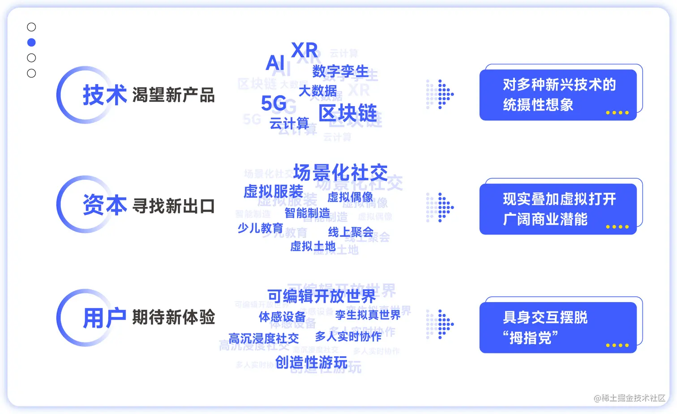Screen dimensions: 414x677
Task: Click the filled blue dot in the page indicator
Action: coord(31,43)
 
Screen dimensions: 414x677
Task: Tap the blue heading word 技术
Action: coord(104,95)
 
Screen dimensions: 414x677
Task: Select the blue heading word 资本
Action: coord(104,205)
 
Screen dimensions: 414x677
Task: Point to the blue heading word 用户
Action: coord(104,318)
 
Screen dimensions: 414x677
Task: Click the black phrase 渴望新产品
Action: coord(174,95)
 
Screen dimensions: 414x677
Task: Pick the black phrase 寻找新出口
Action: coord(174,206)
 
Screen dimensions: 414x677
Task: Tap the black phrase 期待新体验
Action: coord(174,317)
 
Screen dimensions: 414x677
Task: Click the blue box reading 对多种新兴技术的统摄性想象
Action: coord(558,95)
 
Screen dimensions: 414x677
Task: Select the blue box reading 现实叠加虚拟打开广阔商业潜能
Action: coord(558,209)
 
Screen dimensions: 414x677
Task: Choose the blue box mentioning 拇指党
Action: coord(558,328)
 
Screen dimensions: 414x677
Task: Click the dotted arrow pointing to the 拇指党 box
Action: coord(440,324)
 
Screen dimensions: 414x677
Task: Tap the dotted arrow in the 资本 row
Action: coord(440,207)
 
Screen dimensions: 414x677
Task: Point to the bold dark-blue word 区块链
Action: coord(348,113)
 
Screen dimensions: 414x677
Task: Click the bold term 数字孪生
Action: coord(340,71)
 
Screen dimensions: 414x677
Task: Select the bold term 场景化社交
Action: coord(340,173)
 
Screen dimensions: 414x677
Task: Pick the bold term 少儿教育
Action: coord(260,228)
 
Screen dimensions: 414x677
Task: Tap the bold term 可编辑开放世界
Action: coord(321,296)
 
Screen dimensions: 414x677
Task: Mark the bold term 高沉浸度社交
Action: coord(263,338)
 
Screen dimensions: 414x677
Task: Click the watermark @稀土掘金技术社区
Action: coord(629,398)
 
